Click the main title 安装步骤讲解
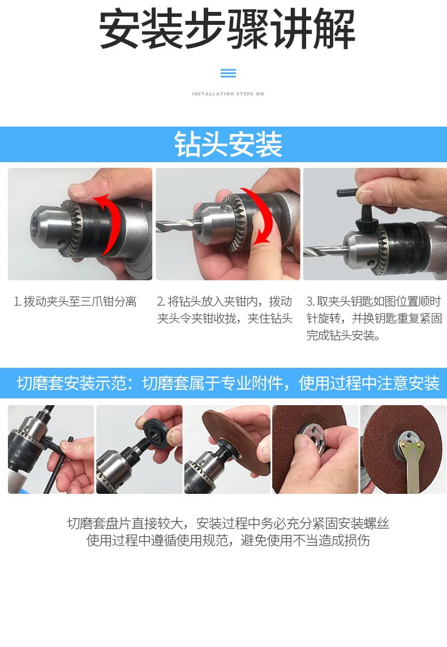click(227, 30)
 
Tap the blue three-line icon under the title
click(228, 73)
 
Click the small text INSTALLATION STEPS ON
click(228, 94)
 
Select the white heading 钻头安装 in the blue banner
click(228, 145)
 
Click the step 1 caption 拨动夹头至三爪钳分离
click(75, 302)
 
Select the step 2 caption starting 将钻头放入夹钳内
click(225, 310)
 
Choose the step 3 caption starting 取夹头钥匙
click(374, 318)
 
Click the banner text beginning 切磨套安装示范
click(228, 383)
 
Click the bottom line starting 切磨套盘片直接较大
click(228, 524)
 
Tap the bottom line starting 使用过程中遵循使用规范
click(228, 540)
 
